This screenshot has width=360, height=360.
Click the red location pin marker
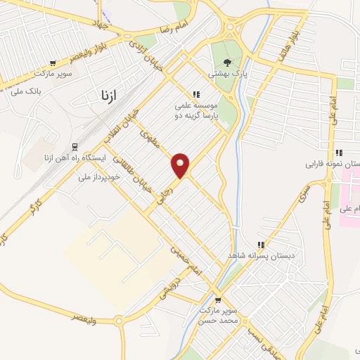181,165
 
